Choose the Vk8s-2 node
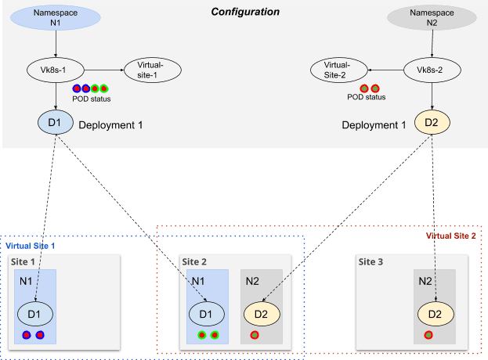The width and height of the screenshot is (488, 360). pos(432,70)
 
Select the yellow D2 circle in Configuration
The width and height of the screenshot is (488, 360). pos(432,123)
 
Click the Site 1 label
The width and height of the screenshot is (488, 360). pos(22,261)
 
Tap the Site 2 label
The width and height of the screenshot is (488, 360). pos(195,261)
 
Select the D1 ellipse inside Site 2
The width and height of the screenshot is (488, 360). pos(206,314)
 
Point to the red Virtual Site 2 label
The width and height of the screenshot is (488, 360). pos(450,236)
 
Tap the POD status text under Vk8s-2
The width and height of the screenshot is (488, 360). pos(367,98)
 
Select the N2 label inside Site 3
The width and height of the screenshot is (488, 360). pos(424,280)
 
